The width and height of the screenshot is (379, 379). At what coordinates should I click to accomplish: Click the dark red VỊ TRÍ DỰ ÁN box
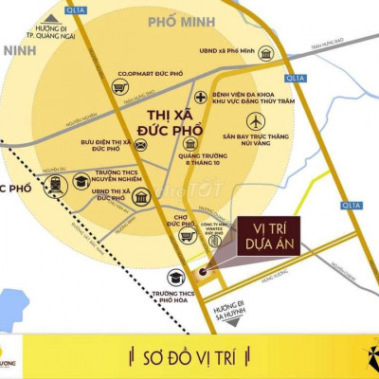tap(268, 234)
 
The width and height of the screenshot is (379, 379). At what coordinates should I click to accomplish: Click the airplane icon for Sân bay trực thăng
tap(255, 121)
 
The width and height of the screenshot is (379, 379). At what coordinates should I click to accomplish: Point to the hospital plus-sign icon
tap(201, 98)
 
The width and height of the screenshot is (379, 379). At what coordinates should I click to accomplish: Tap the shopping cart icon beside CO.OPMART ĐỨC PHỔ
tap(118, 86)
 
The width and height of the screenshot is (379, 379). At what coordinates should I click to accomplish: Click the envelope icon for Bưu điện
tap(140, 146)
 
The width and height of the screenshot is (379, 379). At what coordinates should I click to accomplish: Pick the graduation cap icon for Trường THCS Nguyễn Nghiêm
tap(81, 181)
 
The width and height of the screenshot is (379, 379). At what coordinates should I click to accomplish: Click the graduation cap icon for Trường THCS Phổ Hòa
tap(175, 277)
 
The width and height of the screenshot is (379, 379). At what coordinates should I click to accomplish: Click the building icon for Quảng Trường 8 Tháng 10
tap(191, 143)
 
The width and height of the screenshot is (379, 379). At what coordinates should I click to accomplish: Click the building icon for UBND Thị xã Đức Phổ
tap(142, 197)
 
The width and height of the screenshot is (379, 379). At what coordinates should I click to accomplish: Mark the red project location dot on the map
tap(202, 273)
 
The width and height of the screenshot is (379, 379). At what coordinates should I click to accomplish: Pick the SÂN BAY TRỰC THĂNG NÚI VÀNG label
tap(256, 141)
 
